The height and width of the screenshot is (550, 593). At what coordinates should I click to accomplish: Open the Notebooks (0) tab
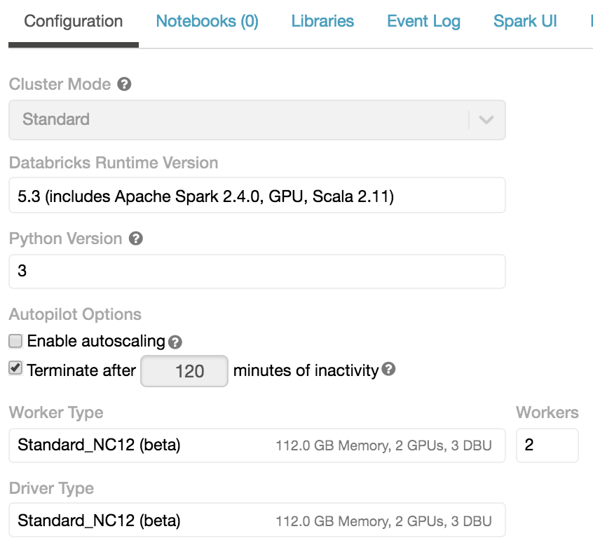point(207,21)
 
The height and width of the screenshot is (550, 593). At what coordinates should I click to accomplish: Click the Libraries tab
point(322,21)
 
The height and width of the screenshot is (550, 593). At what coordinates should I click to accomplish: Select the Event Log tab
point(423,21)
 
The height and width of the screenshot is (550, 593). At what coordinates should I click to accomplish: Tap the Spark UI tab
point(525,21)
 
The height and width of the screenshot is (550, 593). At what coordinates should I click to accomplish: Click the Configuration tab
point(74,21)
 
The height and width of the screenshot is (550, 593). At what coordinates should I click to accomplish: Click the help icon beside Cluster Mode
point(124,85)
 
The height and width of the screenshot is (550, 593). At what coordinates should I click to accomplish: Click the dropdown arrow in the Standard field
point(486,120)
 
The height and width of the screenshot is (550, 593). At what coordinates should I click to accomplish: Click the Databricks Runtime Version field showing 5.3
point(257,196)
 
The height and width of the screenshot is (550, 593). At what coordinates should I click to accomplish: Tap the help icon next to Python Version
point(136,239)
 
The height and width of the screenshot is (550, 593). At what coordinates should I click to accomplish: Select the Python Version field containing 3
point(257,271)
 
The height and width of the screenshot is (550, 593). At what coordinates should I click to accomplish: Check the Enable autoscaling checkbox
point(15,342)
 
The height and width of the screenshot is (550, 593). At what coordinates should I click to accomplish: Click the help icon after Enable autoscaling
point(175,342)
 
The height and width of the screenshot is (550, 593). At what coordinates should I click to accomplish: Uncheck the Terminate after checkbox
point(15,368)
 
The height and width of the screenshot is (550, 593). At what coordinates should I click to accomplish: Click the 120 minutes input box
point(185,370)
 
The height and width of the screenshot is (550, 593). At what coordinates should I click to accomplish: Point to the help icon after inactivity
point(388,369)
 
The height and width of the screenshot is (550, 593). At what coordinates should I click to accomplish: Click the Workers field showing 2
point(547,445)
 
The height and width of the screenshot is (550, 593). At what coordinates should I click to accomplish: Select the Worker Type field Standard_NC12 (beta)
point(257,445)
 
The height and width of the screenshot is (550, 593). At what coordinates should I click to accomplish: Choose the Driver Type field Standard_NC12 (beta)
point(257,521)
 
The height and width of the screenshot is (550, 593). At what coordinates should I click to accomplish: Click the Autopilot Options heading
point(75,314)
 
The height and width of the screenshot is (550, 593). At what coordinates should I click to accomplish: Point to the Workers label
point(547,412)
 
